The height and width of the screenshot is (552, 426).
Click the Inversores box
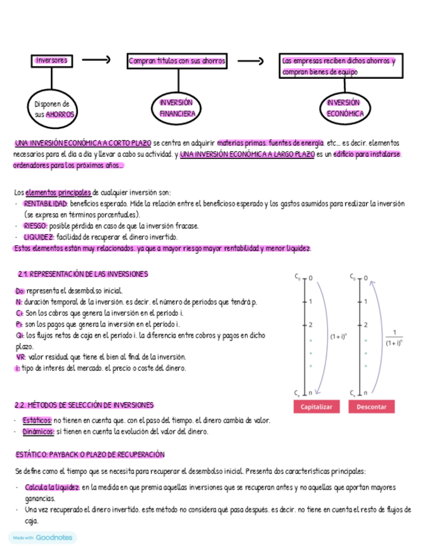pyautogui.click(x=51, y=61)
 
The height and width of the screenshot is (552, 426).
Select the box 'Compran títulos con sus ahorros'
pyautogui.click(x=177, y=61)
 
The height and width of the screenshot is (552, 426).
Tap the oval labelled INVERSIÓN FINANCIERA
pyautogui.click(x=177, y=108)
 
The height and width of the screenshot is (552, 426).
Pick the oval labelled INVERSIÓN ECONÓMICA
pyautogui.click(x=343, y=107)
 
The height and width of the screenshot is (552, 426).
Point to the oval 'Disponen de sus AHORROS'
pyautogui.click(x=55, y=109)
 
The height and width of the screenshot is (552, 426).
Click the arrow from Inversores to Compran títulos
pyautogui.click(x=98, y=61)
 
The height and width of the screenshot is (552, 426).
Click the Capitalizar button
pyautogui.click(x=317, y=407)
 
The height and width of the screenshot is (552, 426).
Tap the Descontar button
pyautogui.click(x=371, y=407)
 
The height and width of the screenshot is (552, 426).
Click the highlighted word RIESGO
pyautogui.click(x=35, y=226)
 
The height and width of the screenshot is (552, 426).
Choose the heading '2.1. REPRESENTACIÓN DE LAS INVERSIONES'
pyautogui.click(x=83, y=274)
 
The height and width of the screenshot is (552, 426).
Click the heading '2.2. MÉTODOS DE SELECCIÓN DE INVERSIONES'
pyautogui.click(x=84, y=405)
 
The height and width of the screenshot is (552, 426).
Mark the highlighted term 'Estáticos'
pyautogui.click(x=37, y=421)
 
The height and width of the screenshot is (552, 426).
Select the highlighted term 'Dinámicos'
pyautogui.click(x=38, y=432)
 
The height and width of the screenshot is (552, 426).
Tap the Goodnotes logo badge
pyautogui.click(x=42, y=538)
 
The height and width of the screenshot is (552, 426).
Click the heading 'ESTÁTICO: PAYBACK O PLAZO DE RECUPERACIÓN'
pyautogui.click(x=90, y=454)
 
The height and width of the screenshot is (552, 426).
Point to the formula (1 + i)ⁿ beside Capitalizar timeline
pyautogui.click(x=338, y=337)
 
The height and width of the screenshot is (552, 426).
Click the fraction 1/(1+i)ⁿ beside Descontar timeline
pyautogui.click(x=393, y=337)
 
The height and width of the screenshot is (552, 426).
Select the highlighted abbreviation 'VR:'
pyautogui.click(x=21, y=357)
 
